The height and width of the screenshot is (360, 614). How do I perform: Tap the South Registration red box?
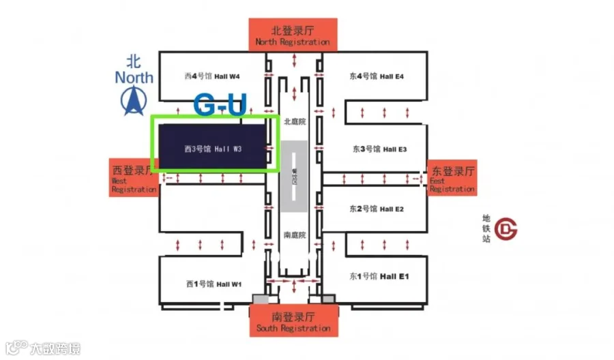tap(293, 322)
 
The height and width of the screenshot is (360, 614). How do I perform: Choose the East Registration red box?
tap(451, 179)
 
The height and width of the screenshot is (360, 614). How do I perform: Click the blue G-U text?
tap(220, 106)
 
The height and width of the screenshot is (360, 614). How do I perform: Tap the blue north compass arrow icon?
tap(134, 100)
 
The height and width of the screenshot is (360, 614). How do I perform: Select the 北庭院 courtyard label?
tap(295, 121)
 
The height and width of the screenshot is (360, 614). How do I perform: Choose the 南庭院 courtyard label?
tap(295, 235)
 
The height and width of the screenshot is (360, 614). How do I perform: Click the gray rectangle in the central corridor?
tap(295, 177)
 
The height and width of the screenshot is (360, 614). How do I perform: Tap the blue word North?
tap(134, 76)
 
